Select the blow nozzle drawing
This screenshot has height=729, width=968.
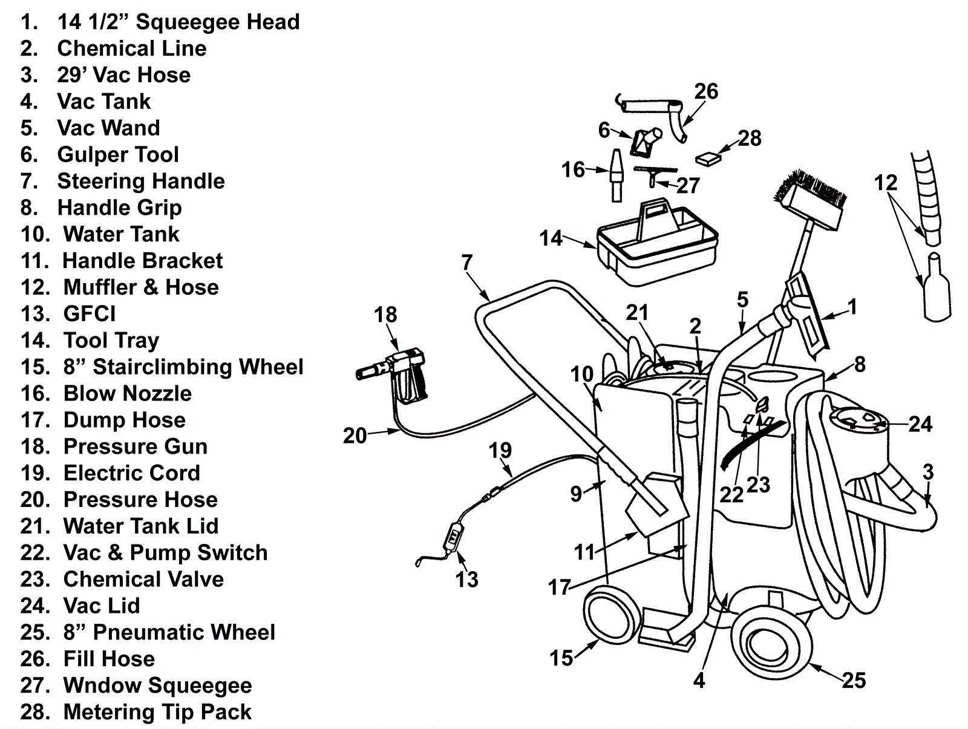[x=616, y=175]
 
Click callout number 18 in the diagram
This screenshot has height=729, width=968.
[x=385, y=315]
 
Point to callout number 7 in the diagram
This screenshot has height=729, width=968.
[x=466, y=262]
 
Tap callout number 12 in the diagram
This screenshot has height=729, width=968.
[x=886, y=182]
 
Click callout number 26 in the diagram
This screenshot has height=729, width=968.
[x=706, y=91]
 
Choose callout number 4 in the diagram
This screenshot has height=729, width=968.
[x=699, y=681]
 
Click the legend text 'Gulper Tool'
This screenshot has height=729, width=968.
[x=118, y=155]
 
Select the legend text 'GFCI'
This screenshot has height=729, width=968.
[x=90, y=314]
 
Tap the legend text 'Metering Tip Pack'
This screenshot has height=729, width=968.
[x=157, y=712]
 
